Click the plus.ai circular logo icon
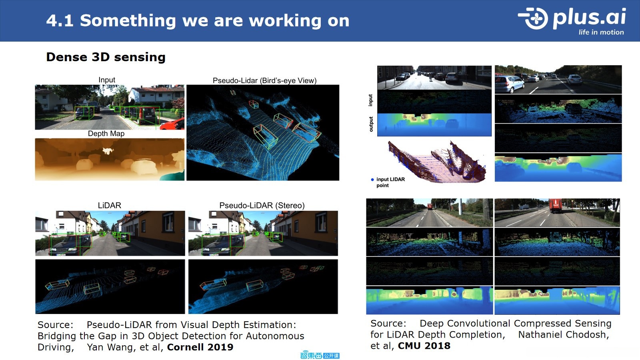pyautogui.click(x=533, y=18)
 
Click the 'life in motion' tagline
pyautogui.click(x=601, y=32)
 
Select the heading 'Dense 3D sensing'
pyautogui.click(x=106, y=57)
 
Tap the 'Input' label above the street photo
pyautogui.click(x=107, y=80)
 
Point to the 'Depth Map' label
pyautogui.click(x=106, y=134)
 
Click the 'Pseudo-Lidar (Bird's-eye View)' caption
pyautogui.click(x=264, y=80)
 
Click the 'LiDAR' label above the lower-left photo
pyautogui.click(x=110, y=205)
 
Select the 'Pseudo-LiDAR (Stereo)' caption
pyautogui.click(x=262, y=206)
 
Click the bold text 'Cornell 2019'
pyautogui.click(x=200, y=347)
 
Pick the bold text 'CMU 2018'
pyautogui.click(x=424, y=346)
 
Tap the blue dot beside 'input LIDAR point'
pyautogui.click(x=372, y=180)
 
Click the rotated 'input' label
pyautogui.click(x=370, y=100)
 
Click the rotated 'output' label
pyautogui.click(x=371, y=124)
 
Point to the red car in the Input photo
pyautogui.click(x=172, y=124)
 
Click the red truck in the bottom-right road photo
pyautogui.click(x=556, y=206)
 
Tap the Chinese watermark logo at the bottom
pyautogui.click(x=320, y=355)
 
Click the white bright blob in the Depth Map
pyautogui.click(x=108, y=150)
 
